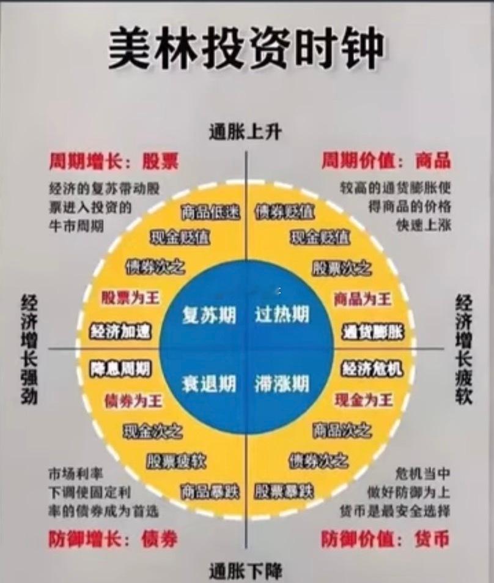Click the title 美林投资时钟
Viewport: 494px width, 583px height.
pos(246,48)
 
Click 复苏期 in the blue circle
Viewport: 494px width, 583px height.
pos(209,315)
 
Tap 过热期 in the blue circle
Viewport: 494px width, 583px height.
pos(282,315)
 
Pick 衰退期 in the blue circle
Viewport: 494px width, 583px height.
pos(209,384)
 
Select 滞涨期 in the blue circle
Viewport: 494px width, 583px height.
pos(282,384)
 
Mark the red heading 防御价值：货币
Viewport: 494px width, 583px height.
pos(385,540)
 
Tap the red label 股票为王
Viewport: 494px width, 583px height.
pos(130,299)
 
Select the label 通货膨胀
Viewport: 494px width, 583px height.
pos(373,332)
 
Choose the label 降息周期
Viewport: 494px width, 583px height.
pos(120,369)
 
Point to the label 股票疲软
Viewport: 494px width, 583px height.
pos(176,461)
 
